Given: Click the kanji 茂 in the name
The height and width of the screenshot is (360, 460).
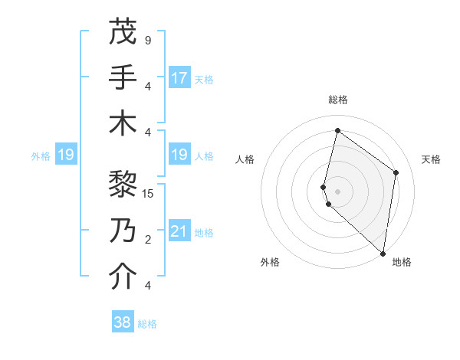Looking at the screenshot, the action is [123, 32].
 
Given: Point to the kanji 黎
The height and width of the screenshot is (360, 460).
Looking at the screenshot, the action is [123, 185].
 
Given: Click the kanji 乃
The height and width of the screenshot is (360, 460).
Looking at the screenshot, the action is [123, 231].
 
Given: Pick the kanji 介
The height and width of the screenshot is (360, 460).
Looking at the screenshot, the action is [123, 277].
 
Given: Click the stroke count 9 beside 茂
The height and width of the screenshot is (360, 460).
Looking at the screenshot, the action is [147, 40].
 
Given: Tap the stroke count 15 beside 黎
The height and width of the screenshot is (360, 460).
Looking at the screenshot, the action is [148, 193].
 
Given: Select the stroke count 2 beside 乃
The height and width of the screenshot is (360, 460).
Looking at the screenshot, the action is [147, 240].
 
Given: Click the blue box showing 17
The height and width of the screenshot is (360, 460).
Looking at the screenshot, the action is [179, 78].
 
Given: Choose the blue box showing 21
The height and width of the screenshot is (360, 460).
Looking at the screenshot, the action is [179, 231].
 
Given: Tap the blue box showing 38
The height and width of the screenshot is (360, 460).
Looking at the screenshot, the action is [123, 322].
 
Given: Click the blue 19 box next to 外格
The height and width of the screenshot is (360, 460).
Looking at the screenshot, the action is [65, 155].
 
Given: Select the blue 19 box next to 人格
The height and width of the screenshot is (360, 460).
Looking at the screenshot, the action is [179, 155].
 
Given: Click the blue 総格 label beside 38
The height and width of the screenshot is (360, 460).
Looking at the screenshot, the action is [148, 324].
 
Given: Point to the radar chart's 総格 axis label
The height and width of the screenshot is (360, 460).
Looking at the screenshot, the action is [338, 100].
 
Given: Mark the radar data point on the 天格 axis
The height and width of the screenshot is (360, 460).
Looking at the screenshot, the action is [396, 172].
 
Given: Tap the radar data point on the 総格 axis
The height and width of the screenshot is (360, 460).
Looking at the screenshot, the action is [337, 130].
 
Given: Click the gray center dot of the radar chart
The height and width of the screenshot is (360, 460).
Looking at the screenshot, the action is [338, 191].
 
